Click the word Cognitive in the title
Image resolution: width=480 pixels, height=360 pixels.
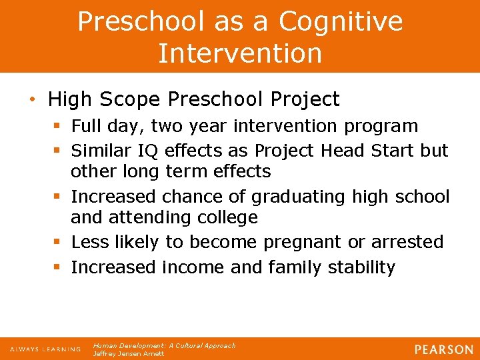341,21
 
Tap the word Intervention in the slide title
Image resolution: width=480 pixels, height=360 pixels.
240,53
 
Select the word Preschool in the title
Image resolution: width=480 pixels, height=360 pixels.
141,21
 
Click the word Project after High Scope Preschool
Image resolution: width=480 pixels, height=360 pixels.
307,100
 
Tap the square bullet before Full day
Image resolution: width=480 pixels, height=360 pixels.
59,126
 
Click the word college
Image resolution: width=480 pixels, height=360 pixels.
225,217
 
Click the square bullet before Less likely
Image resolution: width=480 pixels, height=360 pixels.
59,241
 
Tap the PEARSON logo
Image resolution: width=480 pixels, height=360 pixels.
443,349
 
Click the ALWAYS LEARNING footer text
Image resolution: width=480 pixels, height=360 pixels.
45,349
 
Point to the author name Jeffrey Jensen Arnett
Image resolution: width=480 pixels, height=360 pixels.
129,354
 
